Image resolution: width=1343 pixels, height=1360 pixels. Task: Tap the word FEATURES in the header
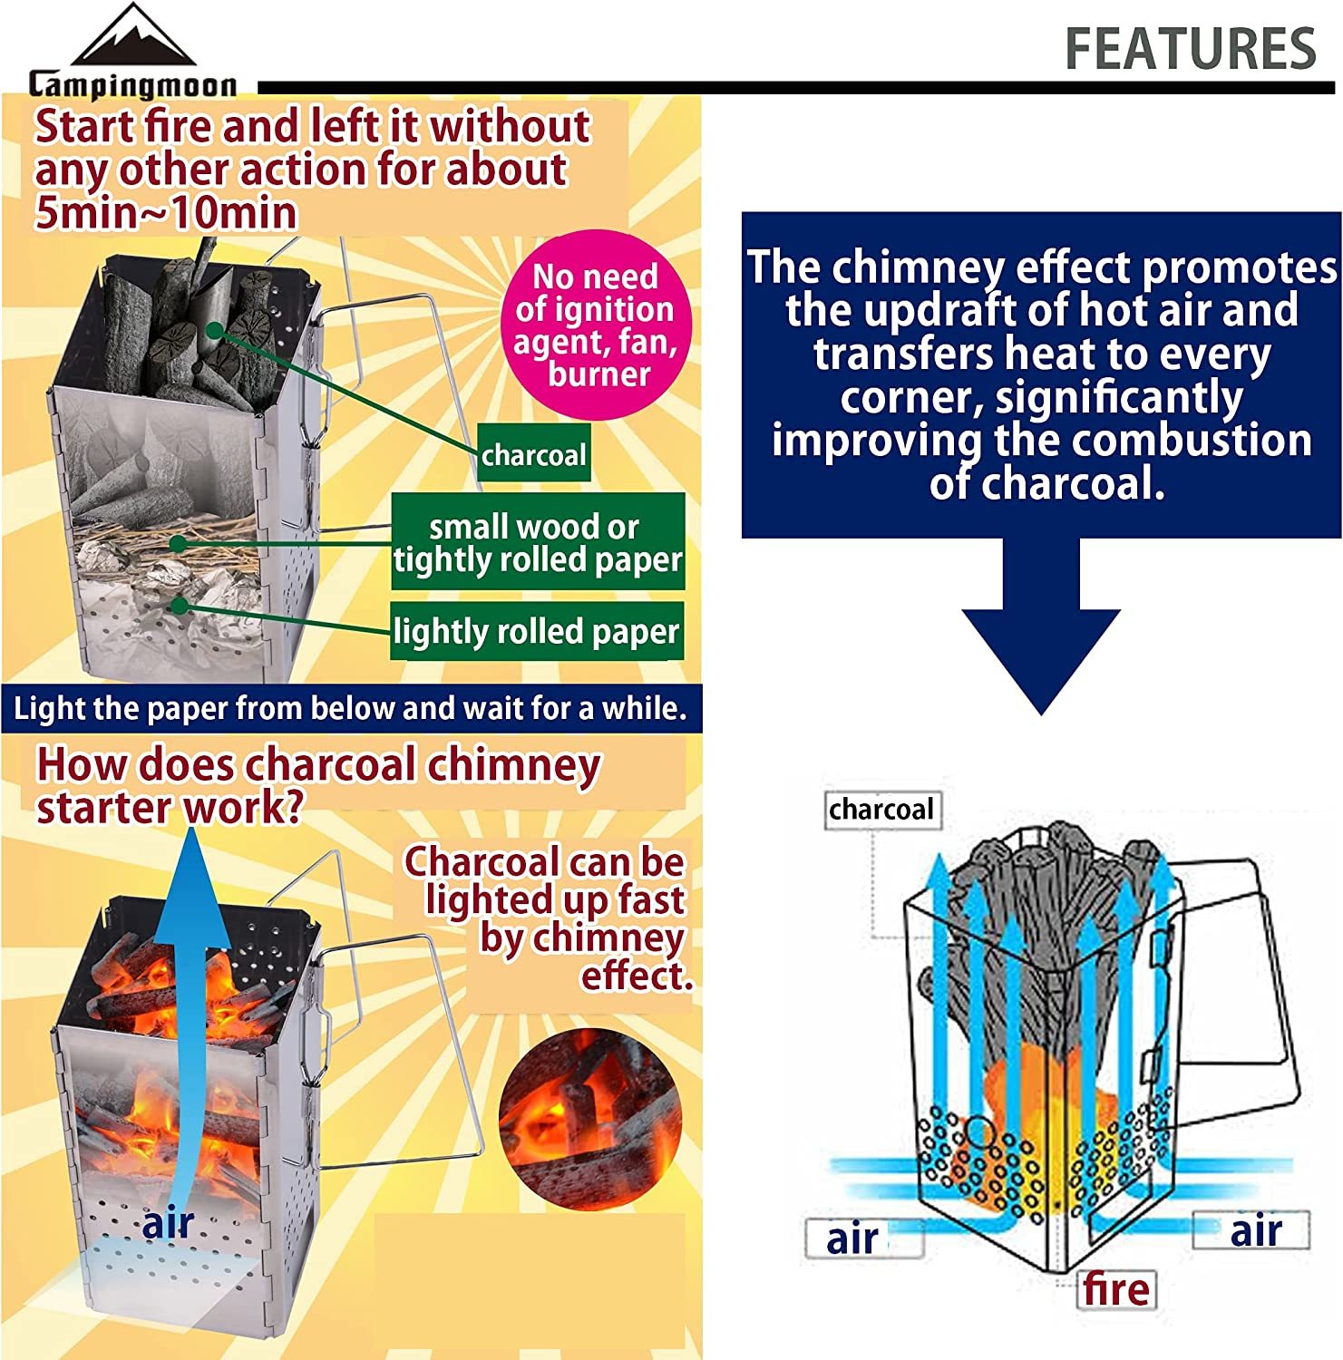(x=1190, y=49)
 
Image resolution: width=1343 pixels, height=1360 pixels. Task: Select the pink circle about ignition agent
(x=596, y=325)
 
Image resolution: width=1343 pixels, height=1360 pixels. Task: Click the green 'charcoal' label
(x=534, y=454)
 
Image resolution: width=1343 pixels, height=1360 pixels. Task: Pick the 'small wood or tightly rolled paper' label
(x=538, y=542)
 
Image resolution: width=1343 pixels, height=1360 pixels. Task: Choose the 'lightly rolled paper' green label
(x=537, y=631)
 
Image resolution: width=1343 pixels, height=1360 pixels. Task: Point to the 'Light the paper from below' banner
(x=351, y=708)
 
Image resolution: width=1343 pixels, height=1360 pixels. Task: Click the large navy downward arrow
(x=1041, y=626)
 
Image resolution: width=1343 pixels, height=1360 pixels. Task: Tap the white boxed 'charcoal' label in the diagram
(x=881, y=809)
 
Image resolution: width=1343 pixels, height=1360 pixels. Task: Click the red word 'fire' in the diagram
(x=1115, y=1288)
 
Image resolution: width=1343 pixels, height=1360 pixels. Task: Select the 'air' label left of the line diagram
(x=852, y=1238)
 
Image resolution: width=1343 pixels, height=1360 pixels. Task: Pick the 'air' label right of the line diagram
(x=1256, y=1230)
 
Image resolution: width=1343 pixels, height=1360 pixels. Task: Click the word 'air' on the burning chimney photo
(x=169, y=1224)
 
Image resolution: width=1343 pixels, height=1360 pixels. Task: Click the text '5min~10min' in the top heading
(x=166, y=213)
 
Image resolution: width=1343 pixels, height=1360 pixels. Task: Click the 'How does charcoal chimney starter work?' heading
(x=317, y=785)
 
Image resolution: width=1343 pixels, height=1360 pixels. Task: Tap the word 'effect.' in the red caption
(x=637, y=976)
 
